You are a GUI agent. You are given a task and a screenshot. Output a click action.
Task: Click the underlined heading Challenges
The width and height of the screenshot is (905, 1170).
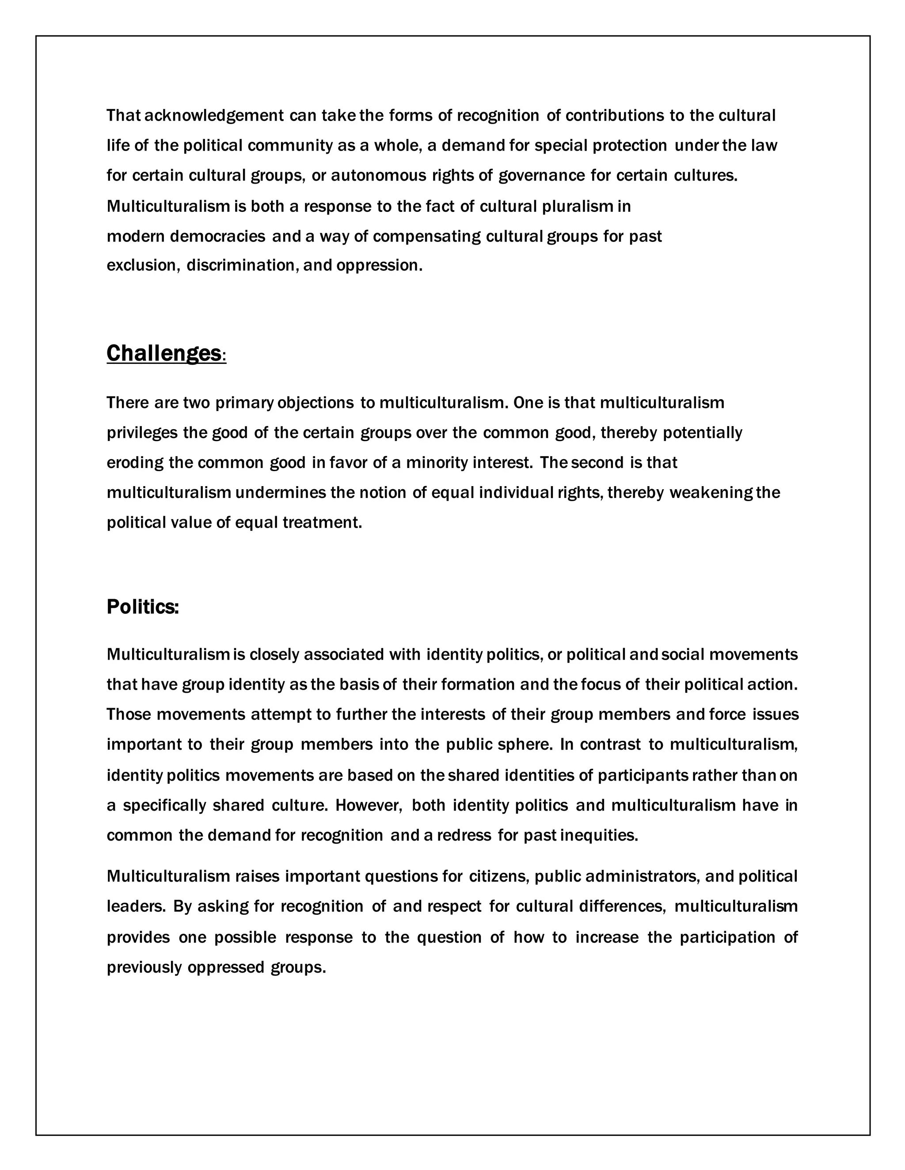(x=164, y=354)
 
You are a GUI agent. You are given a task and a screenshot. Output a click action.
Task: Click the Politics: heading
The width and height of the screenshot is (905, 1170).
(x=143, y=607)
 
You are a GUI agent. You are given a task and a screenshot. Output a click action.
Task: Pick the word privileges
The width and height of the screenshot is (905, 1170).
(x=142, y=433)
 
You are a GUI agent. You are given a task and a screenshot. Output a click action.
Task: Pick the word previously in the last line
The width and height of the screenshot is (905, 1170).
(x=144, y=967)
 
